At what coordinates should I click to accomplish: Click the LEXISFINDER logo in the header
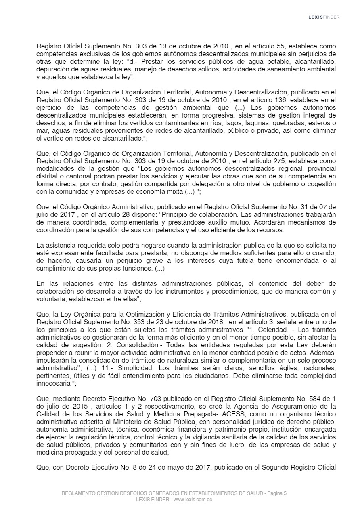point(324,17)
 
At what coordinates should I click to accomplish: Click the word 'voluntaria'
point(51,299)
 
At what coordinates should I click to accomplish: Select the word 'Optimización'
point(120,314)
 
